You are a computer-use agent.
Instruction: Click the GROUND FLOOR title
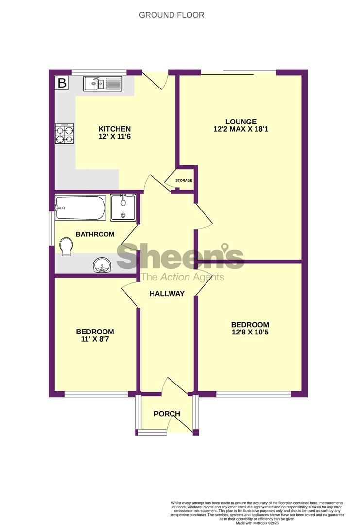[x=171, y=15]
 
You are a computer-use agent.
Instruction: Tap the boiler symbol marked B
[x=62, y=83]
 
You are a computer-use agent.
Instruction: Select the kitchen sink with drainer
[x=103, y=84]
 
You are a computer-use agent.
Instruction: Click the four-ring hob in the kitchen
[x=65, y=134]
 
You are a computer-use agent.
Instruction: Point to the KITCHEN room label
[x=115, y=129]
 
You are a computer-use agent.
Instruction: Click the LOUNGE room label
[x=241, y=122]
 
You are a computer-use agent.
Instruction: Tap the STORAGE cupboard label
[x=184, y=180]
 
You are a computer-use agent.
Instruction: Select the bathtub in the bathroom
[x=81, y=208]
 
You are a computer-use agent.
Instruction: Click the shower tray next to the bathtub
[x=123, y=208]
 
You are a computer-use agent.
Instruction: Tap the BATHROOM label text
[x=95, y=234]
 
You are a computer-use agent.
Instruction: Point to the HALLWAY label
[x=167, y=294]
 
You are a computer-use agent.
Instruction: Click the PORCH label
[x=167, y=414]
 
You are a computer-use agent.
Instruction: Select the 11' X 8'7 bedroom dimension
[x=95, y=339]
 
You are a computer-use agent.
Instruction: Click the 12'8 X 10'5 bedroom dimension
[x=250, y=332]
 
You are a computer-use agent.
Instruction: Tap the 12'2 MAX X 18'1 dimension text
[x=241, y=129]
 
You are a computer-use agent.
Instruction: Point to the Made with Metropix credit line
[x=257, y=523]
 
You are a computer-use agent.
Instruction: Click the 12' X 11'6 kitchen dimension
[x=115, y=137]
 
